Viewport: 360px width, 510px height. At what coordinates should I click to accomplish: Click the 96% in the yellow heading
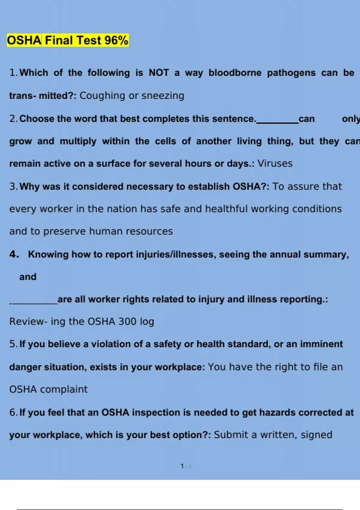116,40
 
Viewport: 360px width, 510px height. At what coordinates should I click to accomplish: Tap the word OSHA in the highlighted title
24,40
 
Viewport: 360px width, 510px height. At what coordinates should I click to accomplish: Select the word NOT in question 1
159,73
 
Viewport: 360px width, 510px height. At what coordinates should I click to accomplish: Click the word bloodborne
235,73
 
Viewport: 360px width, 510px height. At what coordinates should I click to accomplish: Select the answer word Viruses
275,163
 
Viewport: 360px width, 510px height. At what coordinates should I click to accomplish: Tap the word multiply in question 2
78,141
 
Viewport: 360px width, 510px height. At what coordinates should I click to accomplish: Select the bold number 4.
14,254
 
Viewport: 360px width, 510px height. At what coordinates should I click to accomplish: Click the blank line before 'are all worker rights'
34,303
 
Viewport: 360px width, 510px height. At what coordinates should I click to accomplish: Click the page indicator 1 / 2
186,466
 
